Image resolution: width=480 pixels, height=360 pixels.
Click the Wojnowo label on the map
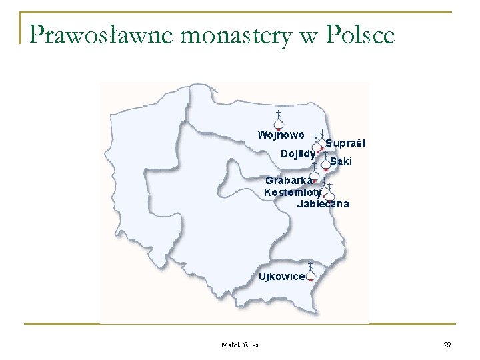coord(281,134)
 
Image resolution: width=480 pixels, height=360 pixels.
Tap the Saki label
coord(341,162)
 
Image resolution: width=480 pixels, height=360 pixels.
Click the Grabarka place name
coord(288,180)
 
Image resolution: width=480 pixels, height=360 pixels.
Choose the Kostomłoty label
coord(293,192)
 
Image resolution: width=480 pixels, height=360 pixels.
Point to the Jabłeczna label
coord(323,204)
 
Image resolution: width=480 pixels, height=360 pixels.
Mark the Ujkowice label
coord(281,276)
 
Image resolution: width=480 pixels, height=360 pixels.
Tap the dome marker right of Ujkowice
coord(311,273)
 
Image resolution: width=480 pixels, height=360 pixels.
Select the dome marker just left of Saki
coord(325,162)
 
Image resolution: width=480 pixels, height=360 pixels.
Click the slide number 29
coord(447,345)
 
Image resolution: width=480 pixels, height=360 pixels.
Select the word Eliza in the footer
coord(252,345)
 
